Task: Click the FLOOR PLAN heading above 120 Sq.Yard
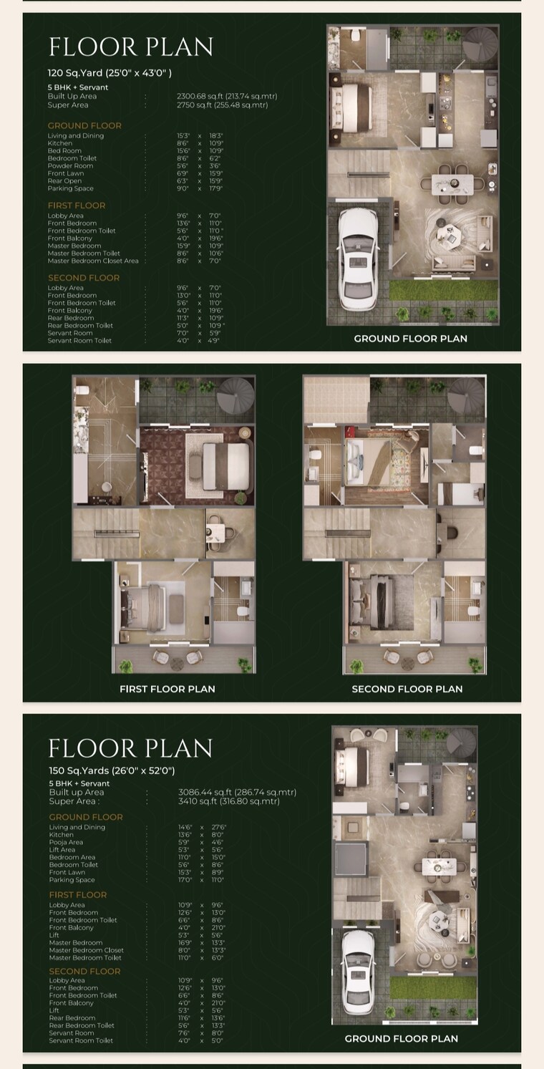pos(131,47)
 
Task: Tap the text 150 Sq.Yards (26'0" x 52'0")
pos(112,770)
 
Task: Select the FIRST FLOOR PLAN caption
pos(167,689)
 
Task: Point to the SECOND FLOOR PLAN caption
pos(407,689)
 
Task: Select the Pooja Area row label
pos(66,842)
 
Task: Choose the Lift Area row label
pos(62,850)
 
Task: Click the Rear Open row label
pos(64,181)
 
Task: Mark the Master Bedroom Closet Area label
pos(93,261)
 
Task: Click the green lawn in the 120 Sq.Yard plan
pos(443,290)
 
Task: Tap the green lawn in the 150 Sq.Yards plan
pos(433,989)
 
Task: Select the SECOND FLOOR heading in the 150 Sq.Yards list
pos(84,971)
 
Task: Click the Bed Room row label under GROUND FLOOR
pos(64,151)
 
